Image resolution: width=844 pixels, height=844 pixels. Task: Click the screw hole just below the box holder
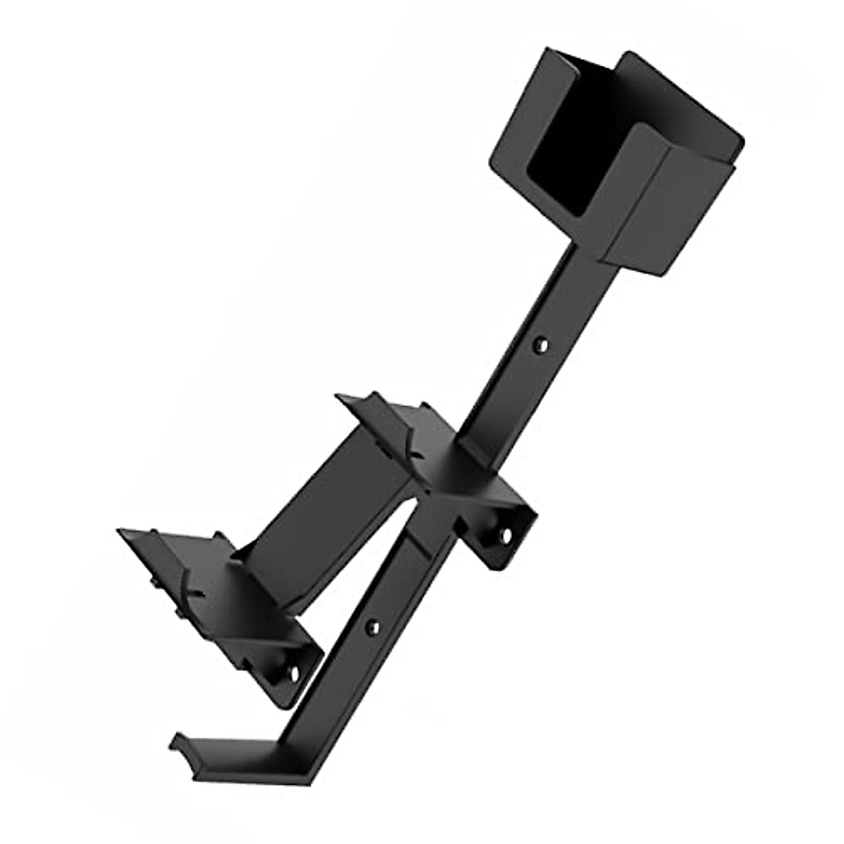point(540,345)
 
